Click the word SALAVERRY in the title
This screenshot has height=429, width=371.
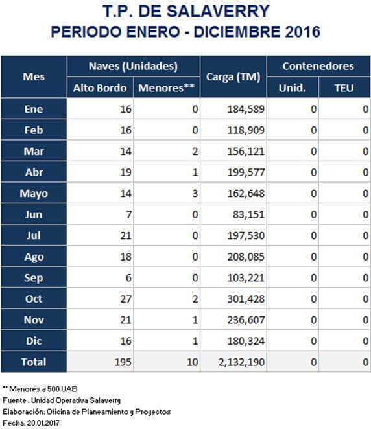pyautogui.click(x=218, y=12)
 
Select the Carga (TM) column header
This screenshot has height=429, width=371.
pyautogui.click(x=233, y=77)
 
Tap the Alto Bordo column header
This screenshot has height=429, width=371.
pyautogui.click(x=100, y=88)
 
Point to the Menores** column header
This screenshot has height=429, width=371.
pyautogui.click(x=167, y=88)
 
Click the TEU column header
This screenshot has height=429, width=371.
pyautogui.click(x=344, y=88)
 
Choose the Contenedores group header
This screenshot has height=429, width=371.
pyautogui.click(x=318, y=66)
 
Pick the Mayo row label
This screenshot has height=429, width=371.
pyautogui.click(x=34, y=194)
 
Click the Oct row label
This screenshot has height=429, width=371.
pyautogui.click(x=34, y=299)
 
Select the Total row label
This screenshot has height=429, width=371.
pyautogui.click(x=34, y=362)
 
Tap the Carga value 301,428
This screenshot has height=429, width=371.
pyautogui.click(x=246, y=299)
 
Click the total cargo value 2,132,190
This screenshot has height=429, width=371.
pyautogui.click(x=241, y=362)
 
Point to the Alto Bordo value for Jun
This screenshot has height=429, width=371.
pyautogui.click(x=128, y=214)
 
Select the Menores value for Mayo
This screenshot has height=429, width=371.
pyautogui.click(x=195, y=193)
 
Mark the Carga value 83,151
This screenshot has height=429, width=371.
pyautogui.click(x=248, y=214)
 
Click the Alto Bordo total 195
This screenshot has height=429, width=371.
pyautogui.click(x=123, y=362)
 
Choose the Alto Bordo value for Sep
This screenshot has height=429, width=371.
pyautogui.click(x=128, y=278)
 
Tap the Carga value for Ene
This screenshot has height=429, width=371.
pyautogui.click(x=246, y=109)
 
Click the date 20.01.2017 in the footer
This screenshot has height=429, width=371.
pyautogui.click(x=43, y=423)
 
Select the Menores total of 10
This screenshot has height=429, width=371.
pyautogui.click(x=192, y=362)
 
